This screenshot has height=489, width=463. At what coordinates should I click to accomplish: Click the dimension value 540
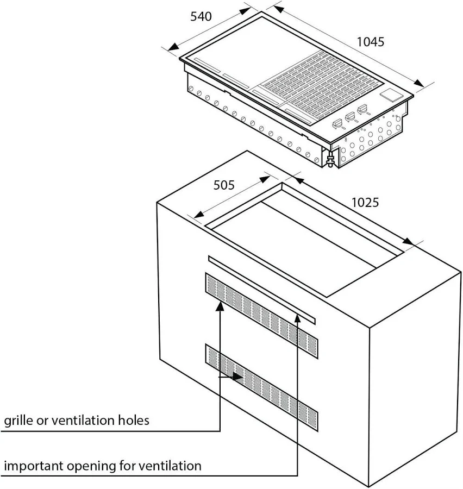coord(201,16)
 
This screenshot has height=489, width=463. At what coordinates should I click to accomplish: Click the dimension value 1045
coord(370,42)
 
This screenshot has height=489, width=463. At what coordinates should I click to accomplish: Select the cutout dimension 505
coord(224,185)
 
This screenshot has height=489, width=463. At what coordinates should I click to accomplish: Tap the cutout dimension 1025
coord(365,203)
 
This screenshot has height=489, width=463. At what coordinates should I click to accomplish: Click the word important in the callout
coord(34,467)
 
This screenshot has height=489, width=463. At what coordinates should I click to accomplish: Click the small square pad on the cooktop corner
coord(392,95)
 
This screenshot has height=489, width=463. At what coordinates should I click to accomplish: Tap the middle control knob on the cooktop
coord(351,117)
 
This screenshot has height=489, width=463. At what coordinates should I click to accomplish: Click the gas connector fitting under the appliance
coord(330,160)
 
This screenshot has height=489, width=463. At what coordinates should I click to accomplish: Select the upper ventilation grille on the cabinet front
coord(261,315)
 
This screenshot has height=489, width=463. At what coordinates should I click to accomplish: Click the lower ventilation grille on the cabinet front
coord(261,387)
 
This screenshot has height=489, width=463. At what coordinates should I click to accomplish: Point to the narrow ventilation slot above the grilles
coord(261,290)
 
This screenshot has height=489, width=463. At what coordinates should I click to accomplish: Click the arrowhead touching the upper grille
coord(220,306)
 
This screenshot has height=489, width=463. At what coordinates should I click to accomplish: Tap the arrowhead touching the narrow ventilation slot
coord(298,318)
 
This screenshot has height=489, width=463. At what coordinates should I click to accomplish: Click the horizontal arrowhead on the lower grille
coord(238,377)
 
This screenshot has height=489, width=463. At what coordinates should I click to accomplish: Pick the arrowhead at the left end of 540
coord(173,47)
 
